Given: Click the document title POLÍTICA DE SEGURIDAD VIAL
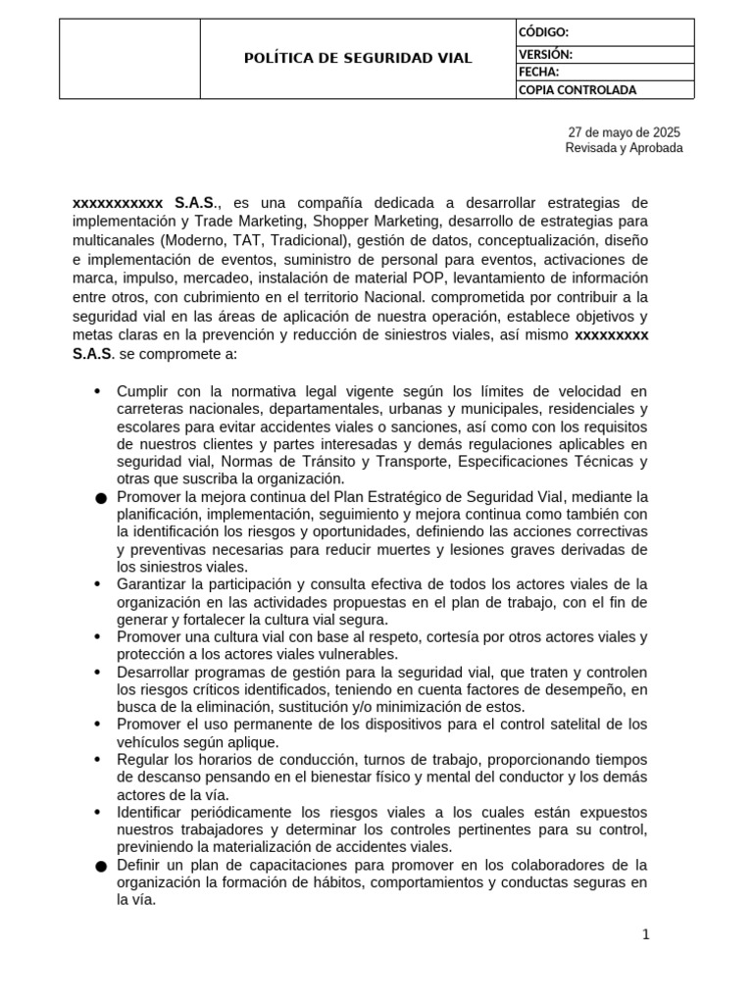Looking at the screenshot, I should tap(358, 59).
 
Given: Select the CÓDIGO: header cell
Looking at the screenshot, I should tap(542, 32).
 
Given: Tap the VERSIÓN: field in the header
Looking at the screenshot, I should tap(545, 55).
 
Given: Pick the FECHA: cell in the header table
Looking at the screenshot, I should tap(538, 73).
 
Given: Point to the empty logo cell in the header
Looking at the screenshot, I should tap(129, 59).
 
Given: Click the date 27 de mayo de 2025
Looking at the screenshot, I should tap(624, 132).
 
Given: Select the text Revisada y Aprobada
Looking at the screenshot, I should tap(624, 148).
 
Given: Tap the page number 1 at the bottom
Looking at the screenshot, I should tap(645, 934).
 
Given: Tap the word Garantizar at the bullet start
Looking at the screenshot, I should tap(152, 583).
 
